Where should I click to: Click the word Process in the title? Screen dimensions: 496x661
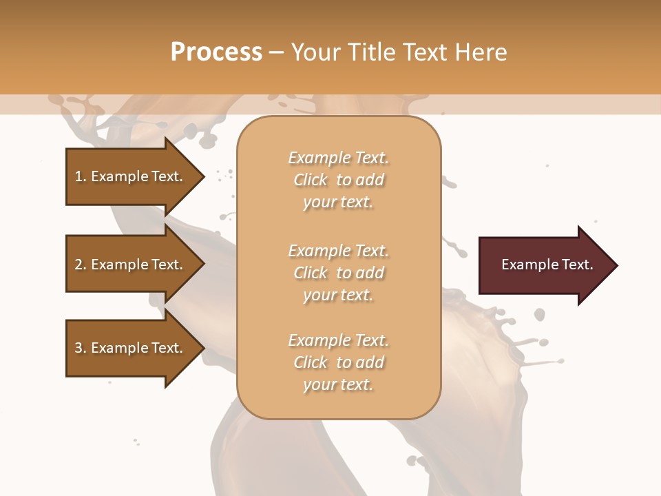pyautogui.click(x=216, y=52)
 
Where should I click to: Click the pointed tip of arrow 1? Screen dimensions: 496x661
pyautogui.click(x=202, y=176)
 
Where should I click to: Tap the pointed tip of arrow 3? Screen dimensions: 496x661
pyautogui.click(x=202, y=348)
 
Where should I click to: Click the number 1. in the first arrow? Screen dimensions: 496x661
pyautogui.click(x=80, y=176)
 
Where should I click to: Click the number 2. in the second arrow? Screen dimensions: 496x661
pyautogui.click(x=80, y=265)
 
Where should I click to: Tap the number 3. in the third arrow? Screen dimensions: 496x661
pyautogui.click(x=80, y=348)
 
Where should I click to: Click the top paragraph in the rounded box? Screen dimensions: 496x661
pyautogui.click(x=338, y=180)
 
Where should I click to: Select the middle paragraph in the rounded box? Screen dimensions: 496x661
pyautogui.click(x=338, y=273)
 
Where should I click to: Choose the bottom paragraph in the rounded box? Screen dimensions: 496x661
pyautogui.click(x=338, y=362)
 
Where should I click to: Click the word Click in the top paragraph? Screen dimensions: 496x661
pyautogui.click(x=310, y=180)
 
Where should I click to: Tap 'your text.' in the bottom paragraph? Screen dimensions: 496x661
pyautogui.click(x=338, y=384)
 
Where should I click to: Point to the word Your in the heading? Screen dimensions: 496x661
pyautogui.click(x=314, y=52)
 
